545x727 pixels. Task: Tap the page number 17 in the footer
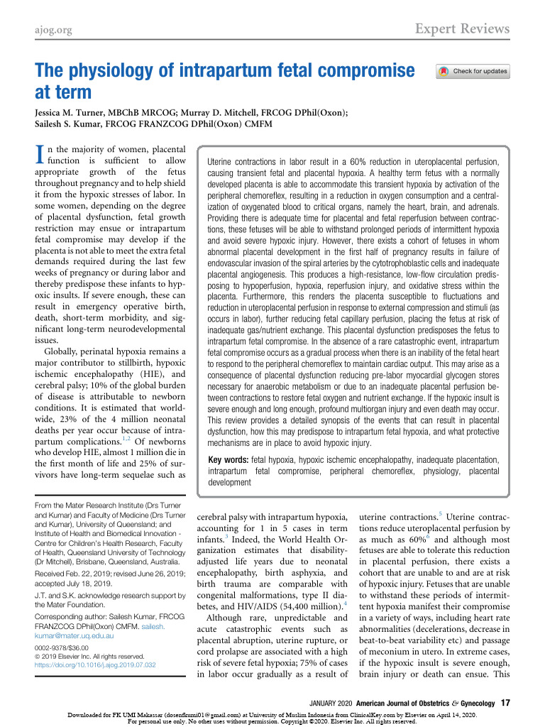tap(505, 702)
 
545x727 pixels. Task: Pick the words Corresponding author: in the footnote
tap(74, 619)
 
